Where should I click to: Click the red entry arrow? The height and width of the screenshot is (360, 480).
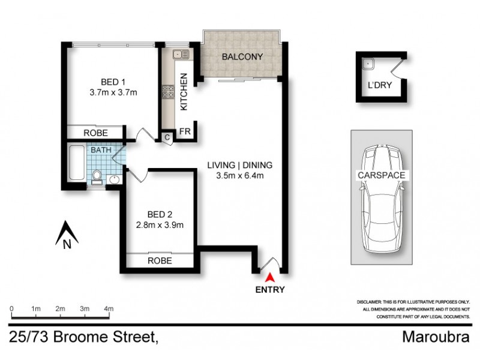[270, 277]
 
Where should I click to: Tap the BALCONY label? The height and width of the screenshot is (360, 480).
[242, 57]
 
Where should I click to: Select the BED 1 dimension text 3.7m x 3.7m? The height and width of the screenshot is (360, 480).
[113, 92]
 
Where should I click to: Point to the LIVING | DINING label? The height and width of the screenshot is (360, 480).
[240, 165]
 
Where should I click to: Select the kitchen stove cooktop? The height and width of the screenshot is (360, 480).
[167, 92]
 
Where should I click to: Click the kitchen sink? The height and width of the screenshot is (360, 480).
[179, 55]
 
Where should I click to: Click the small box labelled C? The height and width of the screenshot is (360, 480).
[167, 137]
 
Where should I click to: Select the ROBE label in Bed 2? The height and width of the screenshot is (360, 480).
[160, 261]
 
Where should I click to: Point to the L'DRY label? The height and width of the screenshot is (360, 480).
[379, 85]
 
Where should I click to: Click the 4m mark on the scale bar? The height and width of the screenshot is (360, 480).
[109, 308]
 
